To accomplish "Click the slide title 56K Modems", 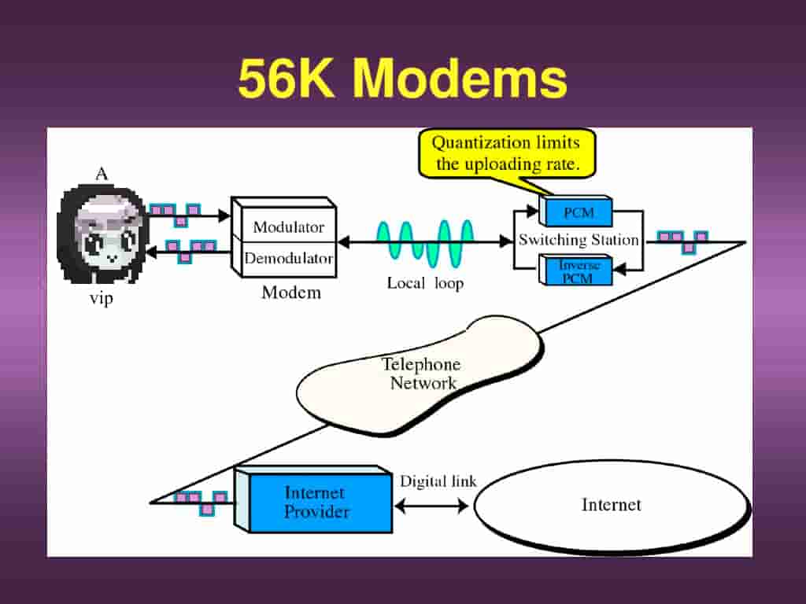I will [402, 79].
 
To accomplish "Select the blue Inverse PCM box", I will [579, 271].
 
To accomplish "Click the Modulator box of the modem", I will [288, 227].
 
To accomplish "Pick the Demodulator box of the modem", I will [288, 258].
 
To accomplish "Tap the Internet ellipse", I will [611, 505].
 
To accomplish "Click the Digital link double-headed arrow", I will [431, 506].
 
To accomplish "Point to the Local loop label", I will [425, 283].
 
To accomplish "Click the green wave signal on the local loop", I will [425, 242].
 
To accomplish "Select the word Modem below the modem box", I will [291, 293].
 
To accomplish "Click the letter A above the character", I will [102, 175].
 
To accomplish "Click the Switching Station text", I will [579, 241].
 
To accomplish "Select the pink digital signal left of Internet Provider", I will [201, 501].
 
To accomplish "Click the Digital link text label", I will [438, 481].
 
